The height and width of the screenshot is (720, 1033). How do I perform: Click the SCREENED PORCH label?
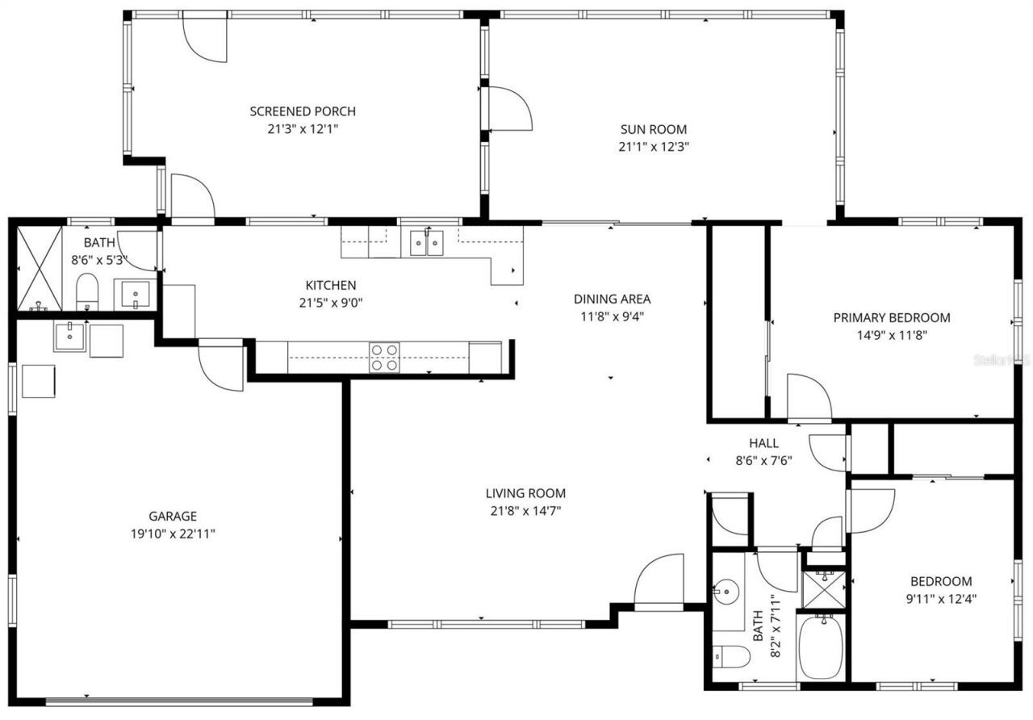point(302,111)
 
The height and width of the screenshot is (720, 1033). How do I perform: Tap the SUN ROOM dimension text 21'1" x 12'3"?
point(653,147)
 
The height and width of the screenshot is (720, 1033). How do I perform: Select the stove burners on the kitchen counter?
point(384,357)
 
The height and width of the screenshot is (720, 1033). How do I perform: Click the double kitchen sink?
point(426,242)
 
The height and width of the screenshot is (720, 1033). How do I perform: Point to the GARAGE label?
point(173,516)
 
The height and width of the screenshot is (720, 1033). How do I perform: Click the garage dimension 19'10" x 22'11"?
point(173,534)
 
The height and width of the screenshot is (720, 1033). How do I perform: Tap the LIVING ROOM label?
point(525,493)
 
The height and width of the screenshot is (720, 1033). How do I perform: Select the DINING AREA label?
point(612,299)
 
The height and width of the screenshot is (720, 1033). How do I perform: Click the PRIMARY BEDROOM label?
point(891,317)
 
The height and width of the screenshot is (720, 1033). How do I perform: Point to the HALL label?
point(763,443)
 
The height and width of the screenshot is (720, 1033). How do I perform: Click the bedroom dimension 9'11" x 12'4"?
point(941,599)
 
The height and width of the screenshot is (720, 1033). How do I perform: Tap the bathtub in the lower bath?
point(821,647)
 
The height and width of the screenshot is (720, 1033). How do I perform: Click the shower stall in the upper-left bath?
point(40,268)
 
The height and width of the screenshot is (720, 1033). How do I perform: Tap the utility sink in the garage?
point(70,337)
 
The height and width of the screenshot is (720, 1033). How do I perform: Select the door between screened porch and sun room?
point(508,108)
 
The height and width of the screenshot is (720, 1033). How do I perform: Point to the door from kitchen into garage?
point(220,368)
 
